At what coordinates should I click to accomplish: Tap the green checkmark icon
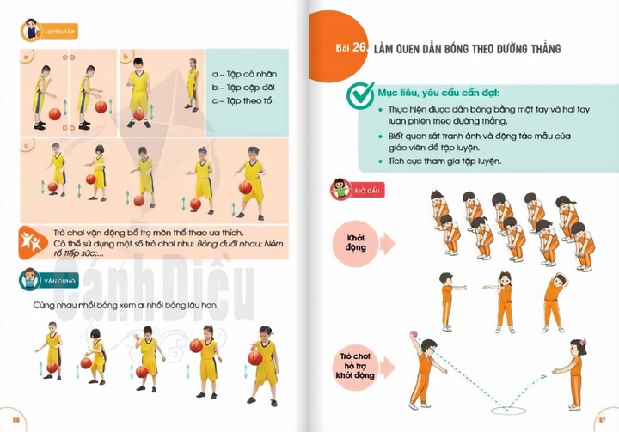pos(358,92)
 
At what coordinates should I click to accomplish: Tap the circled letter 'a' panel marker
pos(28,58)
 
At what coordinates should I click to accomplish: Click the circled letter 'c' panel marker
pos(28,145)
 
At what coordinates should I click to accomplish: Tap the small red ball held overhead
pos(417,332)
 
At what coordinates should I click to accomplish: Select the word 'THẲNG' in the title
pos(540,49)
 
